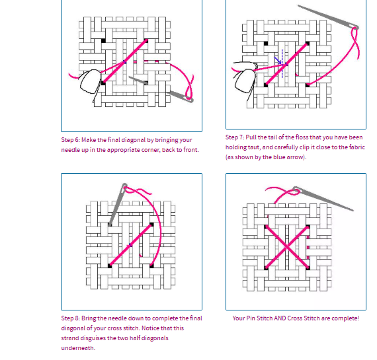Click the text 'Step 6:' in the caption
(x=71, y=140)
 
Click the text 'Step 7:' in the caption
(x=236, y=137)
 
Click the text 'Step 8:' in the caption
(x=71, y=318)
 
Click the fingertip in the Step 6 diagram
(x=89, y=80)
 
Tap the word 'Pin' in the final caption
(x=251, y=318)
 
